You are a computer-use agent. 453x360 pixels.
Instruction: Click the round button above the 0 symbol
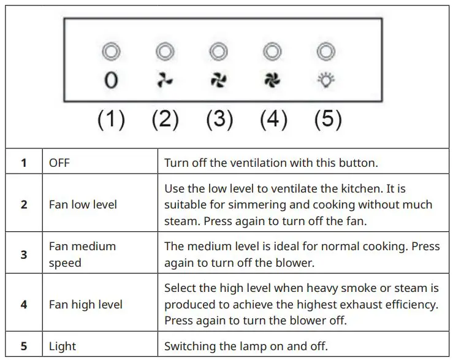click(x=111, y=52)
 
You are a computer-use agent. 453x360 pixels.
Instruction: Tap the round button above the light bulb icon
click(x=326, y=52)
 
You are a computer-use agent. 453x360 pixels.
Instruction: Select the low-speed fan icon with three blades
click(x=164, y=80)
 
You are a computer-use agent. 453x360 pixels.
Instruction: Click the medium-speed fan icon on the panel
click(x=218, y=80)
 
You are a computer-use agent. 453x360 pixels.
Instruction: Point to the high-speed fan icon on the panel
click(x=272, y=80)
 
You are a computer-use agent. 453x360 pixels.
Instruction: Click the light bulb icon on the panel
click(x=326, y=80)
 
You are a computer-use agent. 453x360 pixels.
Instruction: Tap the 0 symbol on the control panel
click(x=111, y=80)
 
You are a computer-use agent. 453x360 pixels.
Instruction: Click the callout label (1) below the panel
click(x=111, y=119)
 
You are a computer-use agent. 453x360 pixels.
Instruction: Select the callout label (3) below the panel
click(x=219, y=119)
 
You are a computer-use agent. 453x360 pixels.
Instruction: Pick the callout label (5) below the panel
click(x=327, y=119)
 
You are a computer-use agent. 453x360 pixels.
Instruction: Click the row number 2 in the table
click(x=24, y=204)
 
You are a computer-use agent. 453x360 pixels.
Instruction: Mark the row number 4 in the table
click(x=24, y=304)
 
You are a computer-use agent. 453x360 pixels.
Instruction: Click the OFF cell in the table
click(x=60, y=164)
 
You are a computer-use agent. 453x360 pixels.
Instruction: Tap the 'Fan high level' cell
click(x=85, y=304)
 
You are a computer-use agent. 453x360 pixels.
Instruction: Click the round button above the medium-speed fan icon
click(x=218, y=52)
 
